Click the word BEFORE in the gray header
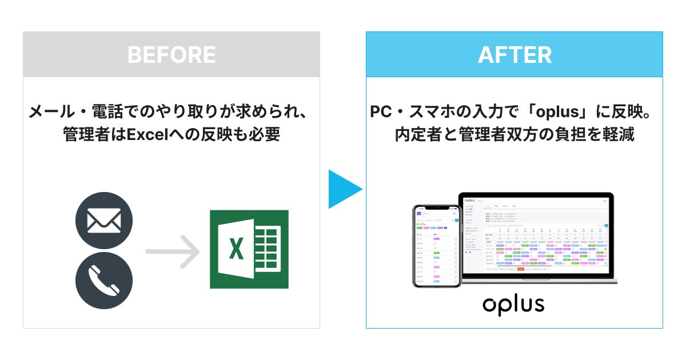click(171, 55)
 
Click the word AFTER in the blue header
click(514, 55)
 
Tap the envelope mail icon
click(104, 221)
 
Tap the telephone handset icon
click(104, 280)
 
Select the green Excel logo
click(249, 249)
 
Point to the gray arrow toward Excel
click(171, 250)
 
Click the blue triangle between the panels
click(344, 189)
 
